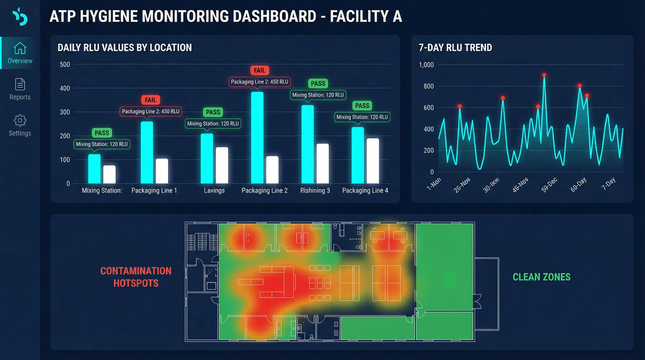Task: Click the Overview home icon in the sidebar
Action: point(20,48)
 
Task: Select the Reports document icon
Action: point(20,84)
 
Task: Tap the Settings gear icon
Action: point(20,120)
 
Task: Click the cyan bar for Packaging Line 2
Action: point(257,138)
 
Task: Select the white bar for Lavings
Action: point(222,165)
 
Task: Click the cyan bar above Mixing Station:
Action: point(94,169)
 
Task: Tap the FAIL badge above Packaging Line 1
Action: point(150,100)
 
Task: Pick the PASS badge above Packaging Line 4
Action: point(362,105)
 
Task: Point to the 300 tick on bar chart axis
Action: point(65,112)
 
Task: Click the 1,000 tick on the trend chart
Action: point(426,65)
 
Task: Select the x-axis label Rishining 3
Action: point(315,190)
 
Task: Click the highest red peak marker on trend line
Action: point(544,75)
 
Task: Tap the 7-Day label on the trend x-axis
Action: point(608,184)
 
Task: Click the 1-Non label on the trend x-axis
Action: point(434,184)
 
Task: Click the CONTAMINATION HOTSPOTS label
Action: point(136,277)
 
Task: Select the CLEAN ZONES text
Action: point(541,277)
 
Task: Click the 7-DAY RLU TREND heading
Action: point(455,48)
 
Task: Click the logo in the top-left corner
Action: point(20,16)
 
